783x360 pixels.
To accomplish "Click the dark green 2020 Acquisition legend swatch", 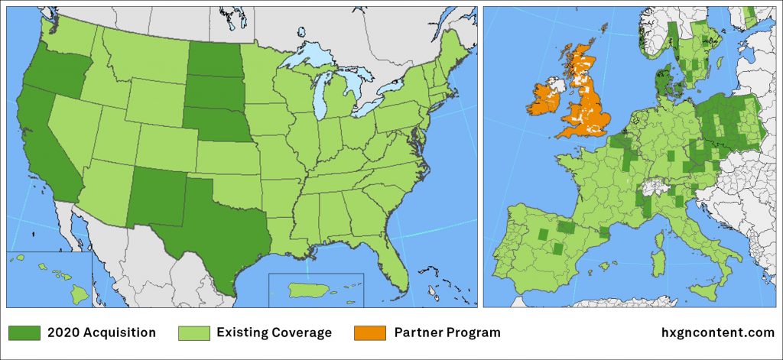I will coord(24,333).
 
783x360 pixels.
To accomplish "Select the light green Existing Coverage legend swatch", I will coord(193,333).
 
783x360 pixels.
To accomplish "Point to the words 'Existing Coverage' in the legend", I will coord(274,333).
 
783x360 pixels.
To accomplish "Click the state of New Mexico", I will coord(157,195).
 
